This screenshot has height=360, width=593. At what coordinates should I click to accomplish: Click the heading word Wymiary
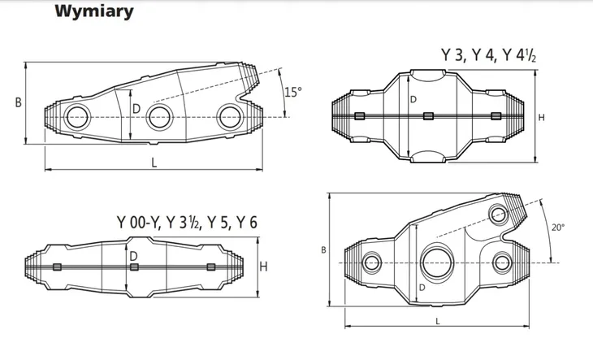point(94,11)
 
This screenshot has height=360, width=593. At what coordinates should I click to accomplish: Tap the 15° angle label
point(293,92)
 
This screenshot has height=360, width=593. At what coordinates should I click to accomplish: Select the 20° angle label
point(558,228)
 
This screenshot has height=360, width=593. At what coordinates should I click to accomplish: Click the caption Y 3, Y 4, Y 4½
point(489,55)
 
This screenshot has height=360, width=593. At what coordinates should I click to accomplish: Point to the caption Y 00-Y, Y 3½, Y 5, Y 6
point(187,223)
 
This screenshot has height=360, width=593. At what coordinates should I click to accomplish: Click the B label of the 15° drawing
point(18,102)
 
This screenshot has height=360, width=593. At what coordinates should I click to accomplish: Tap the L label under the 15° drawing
point(154,163)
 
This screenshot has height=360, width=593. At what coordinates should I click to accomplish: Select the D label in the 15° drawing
point(136,109)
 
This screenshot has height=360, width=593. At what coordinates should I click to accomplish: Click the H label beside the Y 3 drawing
point(542,118)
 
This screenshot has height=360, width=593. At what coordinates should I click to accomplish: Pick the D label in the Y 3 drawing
point(413,99)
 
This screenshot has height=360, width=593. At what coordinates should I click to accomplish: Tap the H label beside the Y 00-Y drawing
point(263,267)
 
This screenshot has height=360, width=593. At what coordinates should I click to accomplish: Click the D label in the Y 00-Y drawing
point(133,256)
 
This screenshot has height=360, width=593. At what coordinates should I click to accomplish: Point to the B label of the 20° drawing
point(324,250)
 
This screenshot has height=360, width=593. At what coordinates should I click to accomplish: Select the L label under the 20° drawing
point(438,322)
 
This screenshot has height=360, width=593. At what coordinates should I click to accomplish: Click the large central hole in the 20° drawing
point(438,262)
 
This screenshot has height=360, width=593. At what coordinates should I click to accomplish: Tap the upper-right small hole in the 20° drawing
point(499,214)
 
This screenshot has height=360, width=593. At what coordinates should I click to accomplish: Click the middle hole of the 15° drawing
point(159,117)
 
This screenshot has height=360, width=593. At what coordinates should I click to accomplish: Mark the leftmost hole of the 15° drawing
point(77,117)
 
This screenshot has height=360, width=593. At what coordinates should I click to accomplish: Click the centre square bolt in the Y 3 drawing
point(428,116)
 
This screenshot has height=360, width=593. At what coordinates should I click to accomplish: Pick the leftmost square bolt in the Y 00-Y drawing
point(57,267)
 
